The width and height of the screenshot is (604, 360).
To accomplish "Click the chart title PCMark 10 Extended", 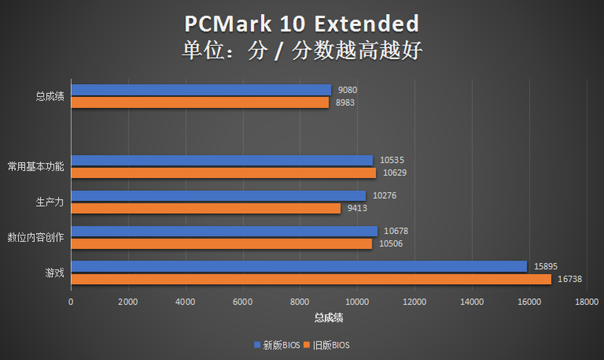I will [302, 24].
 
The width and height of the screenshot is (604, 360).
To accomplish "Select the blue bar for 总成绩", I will [201, 90].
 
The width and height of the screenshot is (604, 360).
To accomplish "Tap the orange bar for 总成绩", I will [199, 102].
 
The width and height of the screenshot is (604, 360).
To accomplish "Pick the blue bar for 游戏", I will [299, 267].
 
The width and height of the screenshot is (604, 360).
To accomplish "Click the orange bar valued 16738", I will [311, 279].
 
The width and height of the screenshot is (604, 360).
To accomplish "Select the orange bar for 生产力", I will [205, 208].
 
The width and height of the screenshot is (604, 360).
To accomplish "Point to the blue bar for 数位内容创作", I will [223, 231].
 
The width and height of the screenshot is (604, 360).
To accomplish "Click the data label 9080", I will [347, 90].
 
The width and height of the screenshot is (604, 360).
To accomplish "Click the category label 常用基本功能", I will [36, 167].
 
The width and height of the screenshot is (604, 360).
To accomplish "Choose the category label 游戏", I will [54, 273].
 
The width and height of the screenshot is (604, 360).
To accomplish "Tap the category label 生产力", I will [50, 202].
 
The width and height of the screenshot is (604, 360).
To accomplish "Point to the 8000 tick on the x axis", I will [300, 302].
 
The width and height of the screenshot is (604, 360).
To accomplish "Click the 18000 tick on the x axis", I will [587, 302].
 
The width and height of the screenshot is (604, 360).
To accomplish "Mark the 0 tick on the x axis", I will [71, 302].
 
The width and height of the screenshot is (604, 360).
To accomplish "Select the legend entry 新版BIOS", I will [277, 345].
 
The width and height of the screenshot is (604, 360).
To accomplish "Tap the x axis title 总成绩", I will [329, 316].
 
